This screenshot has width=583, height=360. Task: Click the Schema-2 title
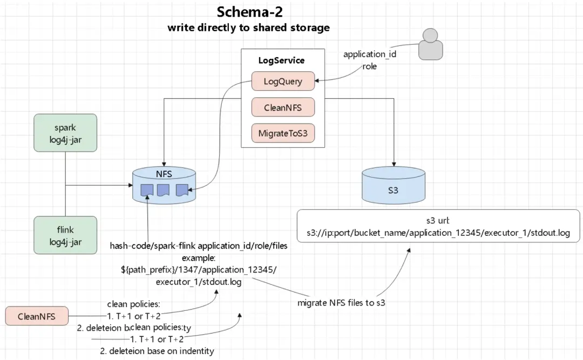249,12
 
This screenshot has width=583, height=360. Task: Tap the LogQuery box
283,81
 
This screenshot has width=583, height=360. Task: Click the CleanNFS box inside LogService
283,107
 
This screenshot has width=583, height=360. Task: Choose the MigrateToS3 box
283,133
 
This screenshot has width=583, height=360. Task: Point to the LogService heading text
282,60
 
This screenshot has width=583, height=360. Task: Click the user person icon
430,44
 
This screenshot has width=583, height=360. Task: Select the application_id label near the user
370,55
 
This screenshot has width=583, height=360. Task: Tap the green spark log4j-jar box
65,133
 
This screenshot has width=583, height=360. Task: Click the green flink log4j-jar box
65,235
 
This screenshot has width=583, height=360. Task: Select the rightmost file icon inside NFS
181,189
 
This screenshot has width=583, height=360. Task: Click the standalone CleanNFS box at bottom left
37,316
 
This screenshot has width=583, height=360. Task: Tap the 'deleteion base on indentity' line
161,351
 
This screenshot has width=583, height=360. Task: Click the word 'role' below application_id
370,66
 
